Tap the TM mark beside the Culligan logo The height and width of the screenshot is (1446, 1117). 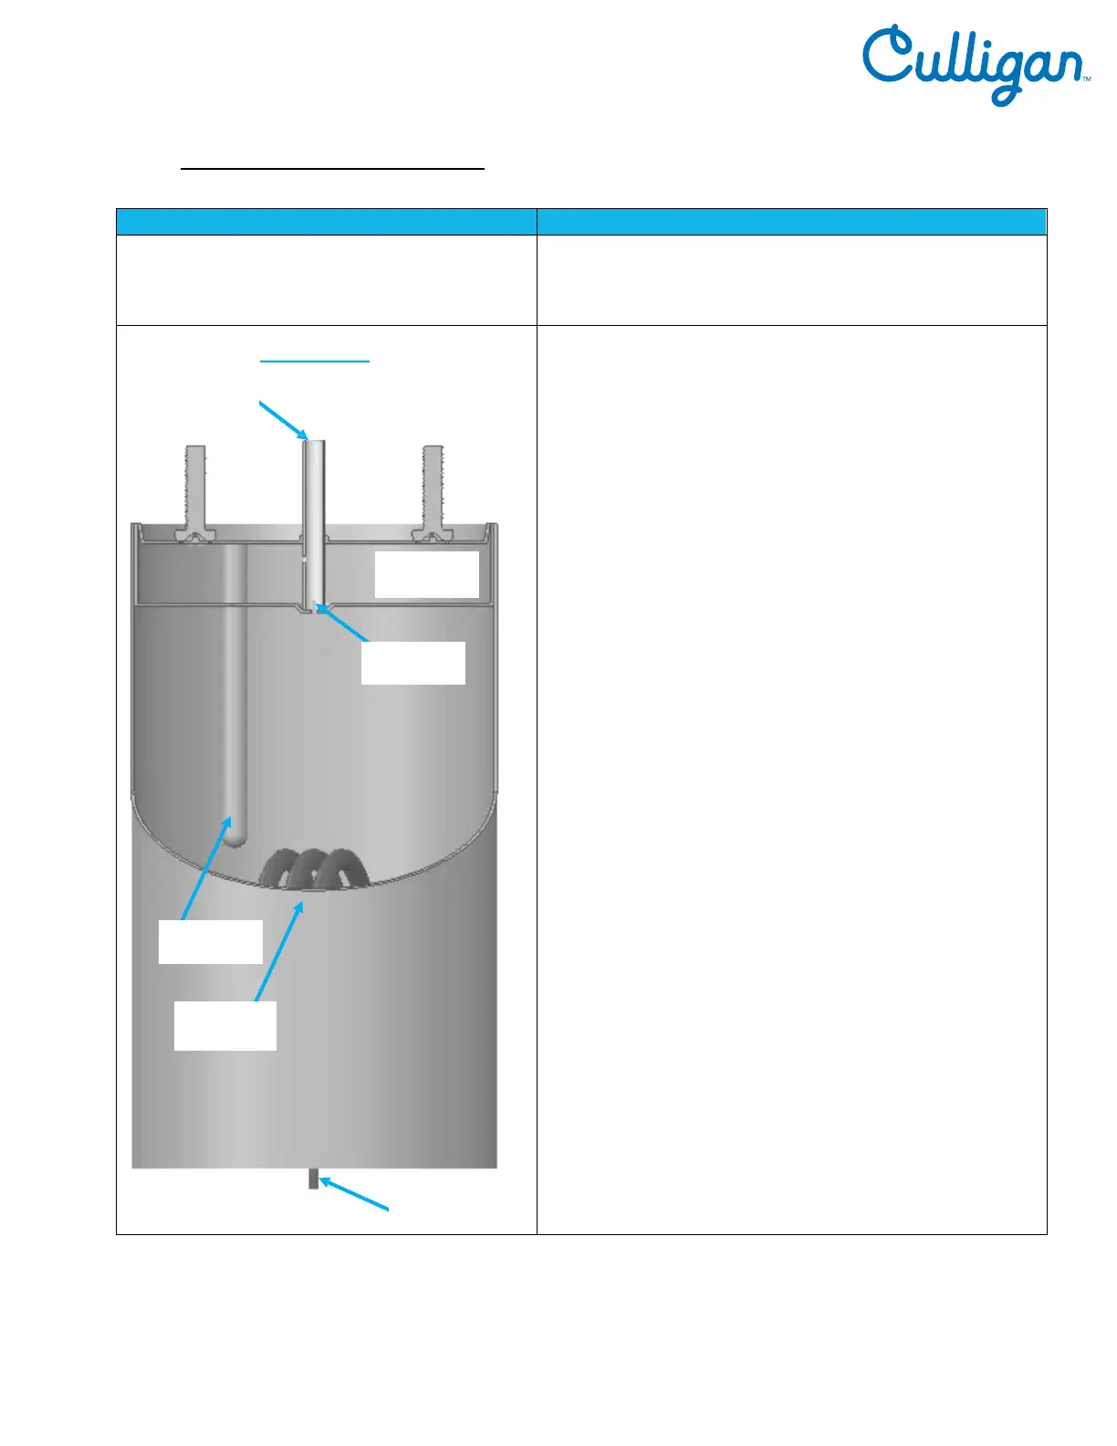pyautogui.click(x=1087, y=80)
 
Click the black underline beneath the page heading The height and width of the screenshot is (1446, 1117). pyautogui.click(x=332, y=169)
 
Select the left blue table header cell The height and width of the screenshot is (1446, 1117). pyautogui.click(x=326, y=222)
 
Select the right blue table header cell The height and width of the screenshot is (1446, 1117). pyautogui.click(x=791, y=222)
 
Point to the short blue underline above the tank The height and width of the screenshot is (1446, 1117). pyautogui.click(x=315, y=361)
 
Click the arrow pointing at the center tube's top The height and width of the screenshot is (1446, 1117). pyautogui.click(x=285, y=419)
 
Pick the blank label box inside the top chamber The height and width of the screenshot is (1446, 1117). pyautogui.click(x=427, y=574)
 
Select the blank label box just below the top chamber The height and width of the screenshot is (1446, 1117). pyautogui.click(x=413, y=663)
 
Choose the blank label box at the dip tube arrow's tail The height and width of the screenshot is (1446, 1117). pyautogui.click(x=211, y=941)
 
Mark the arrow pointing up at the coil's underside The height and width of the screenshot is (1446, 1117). pyautogui.click(x=279, y=949)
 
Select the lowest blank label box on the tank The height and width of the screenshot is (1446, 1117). pyautogui.click(x=225, y=1025)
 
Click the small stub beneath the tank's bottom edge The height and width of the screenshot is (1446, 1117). pyautogui.click(x=313, y=1179)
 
